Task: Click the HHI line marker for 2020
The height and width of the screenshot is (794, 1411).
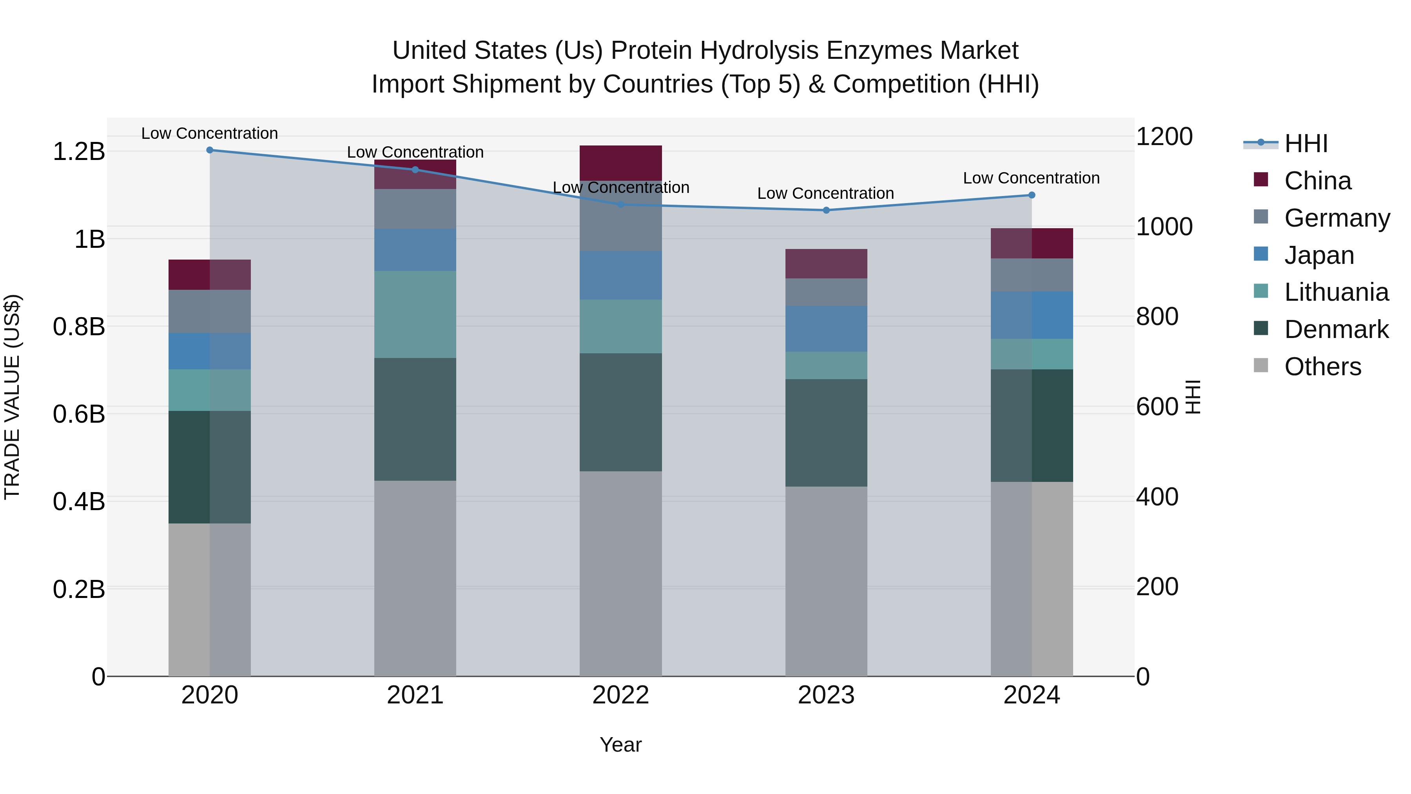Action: coord(210,150)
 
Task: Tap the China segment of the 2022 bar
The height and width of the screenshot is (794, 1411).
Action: coord(620,163)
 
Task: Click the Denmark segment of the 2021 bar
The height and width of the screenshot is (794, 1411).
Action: coord(415,419)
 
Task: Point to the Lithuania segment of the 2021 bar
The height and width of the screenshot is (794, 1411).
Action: coord(415,314)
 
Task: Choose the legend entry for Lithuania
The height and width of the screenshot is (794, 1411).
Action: coord(1336,292)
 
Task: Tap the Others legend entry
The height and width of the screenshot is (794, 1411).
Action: coord(1322,367)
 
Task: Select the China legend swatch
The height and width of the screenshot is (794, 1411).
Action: coord(1261,180)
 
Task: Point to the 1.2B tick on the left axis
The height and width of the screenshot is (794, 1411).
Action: coord(79,151)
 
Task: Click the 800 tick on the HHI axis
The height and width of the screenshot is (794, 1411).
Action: coord(1157,317)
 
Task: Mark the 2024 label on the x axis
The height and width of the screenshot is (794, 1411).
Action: coord(1032,695)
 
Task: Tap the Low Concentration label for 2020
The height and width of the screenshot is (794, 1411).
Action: coord(210,133)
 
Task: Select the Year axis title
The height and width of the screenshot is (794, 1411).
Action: coord(620,745)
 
